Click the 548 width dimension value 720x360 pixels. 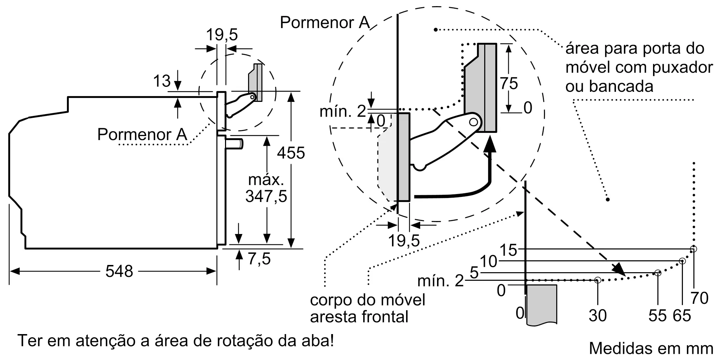tap(119, 271)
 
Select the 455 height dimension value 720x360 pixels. tap(291, 153)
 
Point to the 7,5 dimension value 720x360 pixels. tap(259, 259)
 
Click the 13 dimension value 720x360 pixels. tap(162, 81)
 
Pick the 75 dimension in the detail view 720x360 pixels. tap(509, 84)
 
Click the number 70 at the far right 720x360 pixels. tap(699, 298)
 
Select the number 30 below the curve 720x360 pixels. tap(598, 315)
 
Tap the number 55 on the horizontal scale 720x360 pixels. tap(658, 316)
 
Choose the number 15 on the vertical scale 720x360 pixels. tap(508, 250)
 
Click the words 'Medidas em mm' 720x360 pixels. tap(651, 348)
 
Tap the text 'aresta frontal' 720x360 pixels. tap(359, 317)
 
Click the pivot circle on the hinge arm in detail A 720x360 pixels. tap(473, 122)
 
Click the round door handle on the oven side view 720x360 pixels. tap(234, 144)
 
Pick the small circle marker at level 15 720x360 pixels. tap(693, 249)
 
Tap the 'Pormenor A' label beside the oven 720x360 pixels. tap(142, 135)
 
